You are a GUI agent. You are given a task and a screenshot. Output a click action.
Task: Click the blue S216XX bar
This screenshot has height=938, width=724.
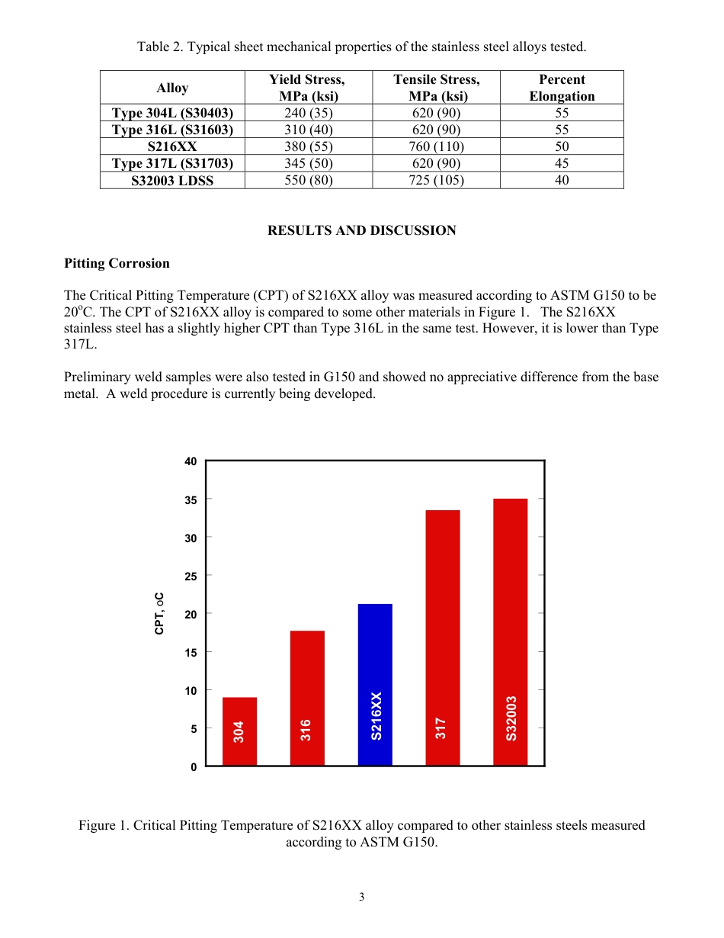pyautogui.click(x=375, y=684)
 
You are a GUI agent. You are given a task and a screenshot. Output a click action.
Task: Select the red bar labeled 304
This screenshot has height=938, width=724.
pyautogui.click(x=239, y=731)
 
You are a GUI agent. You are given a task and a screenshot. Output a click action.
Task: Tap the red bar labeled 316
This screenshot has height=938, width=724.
pyautogui.click(x=307, y=698)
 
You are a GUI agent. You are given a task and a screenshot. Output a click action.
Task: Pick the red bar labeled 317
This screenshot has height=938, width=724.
pyautogui.click(x=443, y=638)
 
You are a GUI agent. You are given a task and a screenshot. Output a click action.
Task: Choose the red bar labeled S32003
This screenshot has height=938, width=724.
pyautogui.click(x=511, y=631)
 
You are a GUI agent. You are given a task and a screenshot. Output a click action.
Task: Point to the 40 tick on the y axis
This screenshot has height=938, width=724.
pyautogui.click(x=191, y=461)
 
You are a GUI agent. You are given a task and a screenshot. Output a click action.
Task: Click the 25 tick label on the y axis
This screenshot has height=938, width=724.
pyautogui.click(x=191, y=576)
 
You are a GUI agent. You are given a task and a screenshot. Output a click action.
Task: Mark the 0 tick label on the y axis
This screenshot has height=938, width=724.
pyautogui.click(x=194, y=766)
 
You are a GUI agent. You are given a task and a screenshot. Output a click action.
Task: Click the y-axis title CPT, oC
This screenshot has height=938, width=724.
pyautogui.click(x=159, y=613)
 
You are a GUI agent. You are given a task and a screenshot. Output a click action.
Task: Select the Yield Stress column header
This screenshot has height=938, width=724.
pyautogui.click(x=308, y=88)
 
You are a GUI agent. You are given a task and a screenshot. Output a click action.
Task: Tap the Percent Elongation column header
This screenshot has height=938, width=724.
pyautogui.click(x=562, y=88)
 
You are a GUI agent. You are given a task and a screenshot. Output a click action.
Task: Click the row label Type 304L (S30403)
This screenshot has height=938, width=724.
pyautogui.click(x=172, y=113)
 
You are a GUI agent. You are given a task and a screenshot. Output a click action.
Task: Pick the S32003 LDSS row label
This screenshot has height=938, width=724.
pyautogui.click(x=172, y=180)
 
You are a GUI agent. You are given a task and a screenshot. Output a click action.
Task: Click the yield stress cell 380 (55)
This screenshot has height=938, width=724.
pyautogui.click(x=308, y=146)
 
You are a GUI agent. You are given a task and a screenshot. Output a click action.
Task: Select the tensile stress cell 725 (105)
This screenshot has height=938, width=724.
pyautogui.click(x=436, y=180)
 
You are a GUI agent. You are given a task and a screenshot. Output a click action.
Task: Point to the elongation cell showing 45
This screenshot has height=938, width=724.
pyautogui.click(x=562, y=163)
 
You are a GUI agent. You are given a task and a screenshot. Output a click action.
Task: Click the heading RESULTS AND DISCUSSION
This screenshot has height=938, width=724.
pyautogui.click(x=361, y=230)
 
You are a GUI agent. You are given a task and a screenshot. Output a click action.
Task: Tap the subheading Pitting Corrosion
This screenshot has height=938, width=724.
pyautogui.click(x=117, y=263)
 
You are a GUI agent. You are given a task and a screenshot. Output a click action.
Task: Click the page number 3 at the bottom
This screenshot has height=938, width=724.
pyautogui.click(x=362, y=897)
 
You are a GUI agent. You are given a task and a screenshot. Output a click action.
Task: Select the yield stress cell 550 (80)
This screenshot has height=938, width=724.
pyautogui.click(x=308, y=180)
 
